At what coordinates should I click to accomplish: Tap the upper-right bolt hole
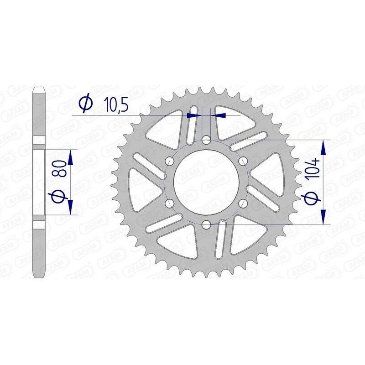pyautogui.click(x=243, y=161)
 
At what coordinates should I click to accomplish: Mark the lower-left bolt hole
pyautogui.click(x=170, y=203)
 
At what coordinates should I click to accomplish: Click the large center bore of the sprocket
pyautogui.click(x=206, y=182)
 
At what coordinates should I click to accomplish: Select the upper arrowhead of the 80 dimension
pyautogui.click(x=70, y=158)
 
